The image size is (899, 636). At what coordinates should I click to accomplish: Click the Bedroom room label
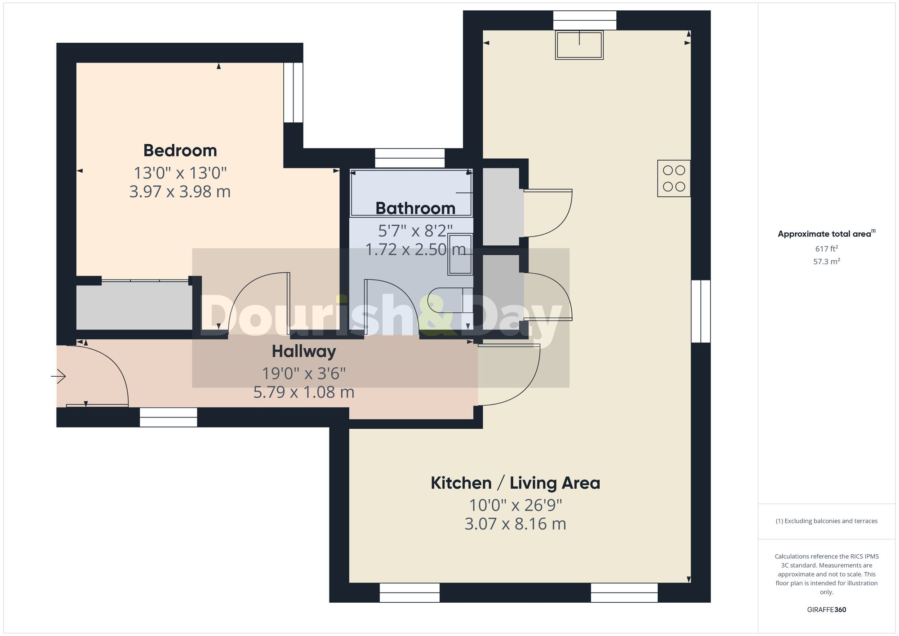point(180,151)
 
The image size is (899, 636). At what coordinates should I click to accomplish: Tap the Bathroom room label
point(415,209)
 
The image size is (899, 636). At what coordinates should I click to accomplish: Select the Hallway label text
point(304,351)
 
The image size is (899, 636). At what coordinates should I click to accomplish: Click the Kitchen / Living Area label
point(515,483)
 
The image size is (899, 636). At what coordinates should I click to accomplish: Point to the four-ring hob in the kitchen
point(674,178)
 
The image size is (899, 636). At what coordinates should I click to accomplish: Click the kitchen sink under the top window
point(579,45)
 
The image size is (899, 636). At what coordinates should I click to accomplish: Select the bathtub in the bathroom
point(411,192)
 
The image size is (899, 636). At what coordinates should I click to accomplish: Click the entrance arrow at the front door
point(59,376)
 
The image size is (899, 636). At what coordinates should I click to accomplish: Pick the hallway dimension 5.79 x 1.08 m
point(304,392)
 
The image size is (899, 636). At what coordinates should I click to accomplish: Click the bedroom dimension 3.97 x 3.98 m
point(180,192)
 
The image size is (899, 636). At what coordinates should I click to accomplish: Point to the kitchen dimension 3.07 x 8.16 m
point(515,524)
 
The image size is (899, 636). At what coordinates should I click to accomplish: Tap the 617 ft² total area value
point(826,249)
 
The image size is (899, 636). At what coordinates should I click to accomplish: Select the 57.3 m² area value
point(826,262)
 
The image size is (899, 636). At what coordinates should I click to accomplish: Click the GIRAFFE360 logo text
point(826,610)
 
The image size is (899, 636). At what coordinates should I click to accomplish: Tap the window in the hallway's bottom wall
point(168,417)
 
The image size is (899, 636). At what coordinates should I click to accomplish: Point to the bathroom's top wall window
point(409,158)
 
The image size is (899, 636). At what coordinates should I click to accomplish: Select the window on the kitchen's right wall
point(700,311)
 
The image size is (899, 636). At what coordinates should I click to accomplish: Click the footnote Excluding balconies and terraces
point(826,521)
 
